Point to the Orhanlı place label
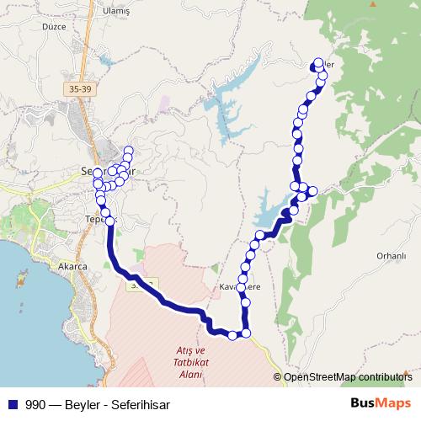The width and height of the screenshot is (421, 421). (x=392, y=255)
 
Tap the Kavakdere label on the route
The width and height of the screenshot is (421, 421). (x=242, y=287)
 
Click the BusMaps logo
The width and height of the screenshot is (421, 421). (x=381, y=403)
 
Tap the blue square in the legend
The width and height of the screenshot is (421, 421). (x=12, y=404)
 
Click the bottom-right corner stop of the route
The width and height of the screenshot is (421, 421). (x=247, y=334)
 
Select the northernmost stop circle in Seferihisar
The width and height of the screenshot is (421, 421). (x=128, y=152)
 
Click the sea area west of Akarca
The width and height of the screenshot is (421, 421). (x=21, y=295)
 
